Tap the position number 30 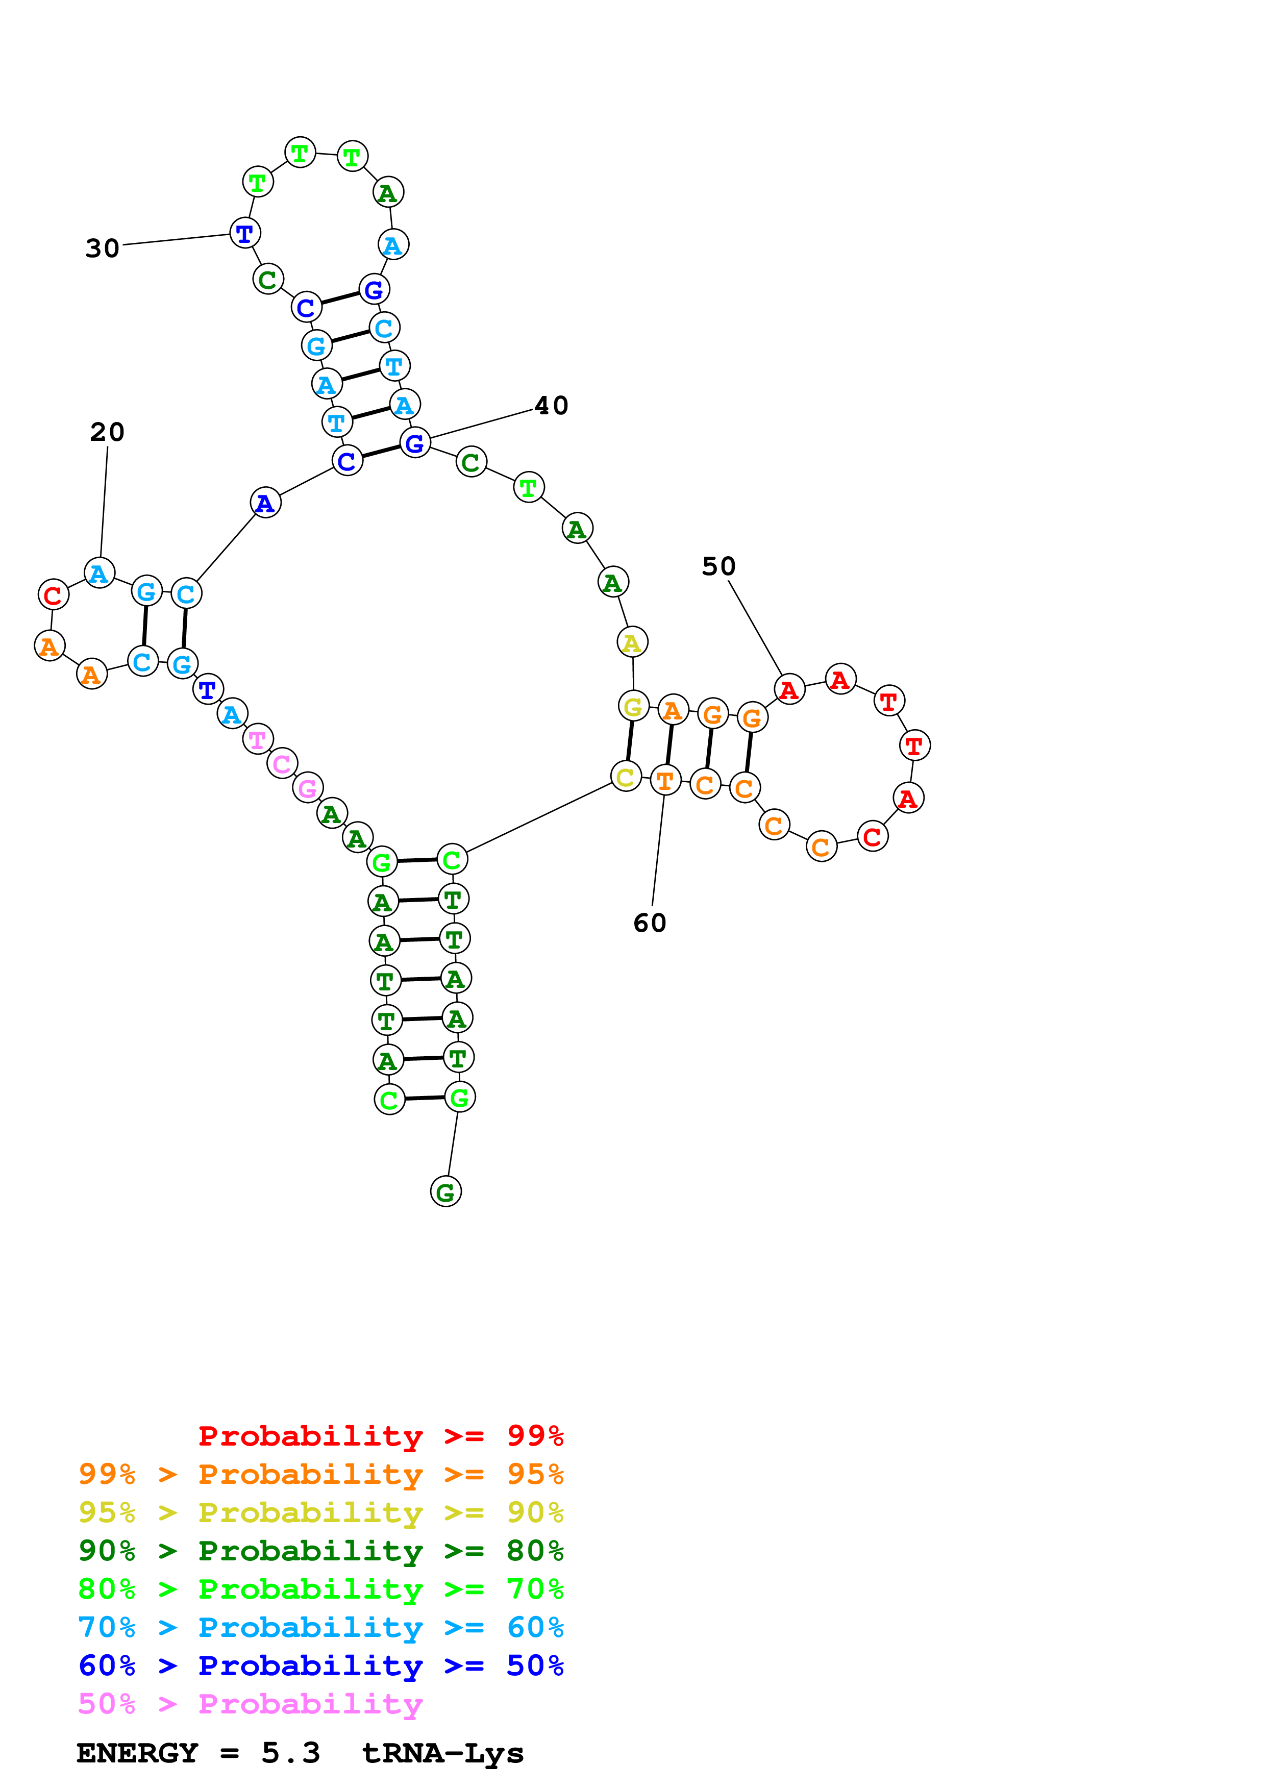pyautogui.click(x=102, y=248)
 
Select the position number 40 pyautogui.click(x=551, y=405)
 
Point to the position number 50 pyautogui.click(x=718, y=566)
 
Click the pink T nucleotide pyautogui.click(x=257, y=739)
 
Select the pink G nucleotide pyautogui.click(x=308, y=788)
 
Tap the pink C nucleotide pyautogui.click(x=282, y=764)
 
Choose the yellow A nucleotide pyautogui.click(x=632, y=643)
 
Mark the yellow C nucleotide pyautogui.click(x=625, y=777)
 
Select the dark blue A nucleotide pyautogui.click(x=265, y=504)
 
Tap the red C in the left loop pyautogui.click(x=53, y=595)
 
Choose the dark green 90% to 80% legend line pyautogui.click(x=320, y=1551)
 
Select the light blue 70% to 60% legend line pyautogui.click(x=320, y=1627)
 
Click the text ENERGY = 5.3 pyautogui.click(x=198, y=1753)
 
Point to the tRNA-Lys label pyautogui.click(x=443, y=1753)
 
